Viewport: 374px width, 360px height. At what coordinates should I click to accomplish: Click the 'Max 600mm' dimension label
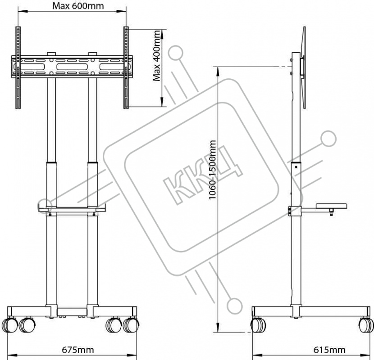(x=78, y=6)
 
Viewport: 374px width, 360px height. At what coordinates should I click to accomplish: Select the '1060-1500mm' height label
(x=212, y=170)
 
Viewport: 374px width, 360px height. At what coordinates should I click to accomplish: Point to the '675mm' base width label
(x=78, y=350)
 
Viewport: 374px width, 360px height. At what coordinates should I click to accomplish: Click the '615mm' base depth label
(x=329, y=350)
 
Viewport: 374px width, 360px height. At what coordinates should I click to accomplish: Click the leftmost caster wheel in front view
(x=9, y=325)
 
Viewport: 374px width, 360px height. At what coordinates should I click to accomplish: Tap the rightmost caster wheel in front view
(x=131, y=325)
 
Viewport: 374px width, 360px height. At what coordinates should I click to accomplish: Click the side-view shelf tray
(x=331, y=206)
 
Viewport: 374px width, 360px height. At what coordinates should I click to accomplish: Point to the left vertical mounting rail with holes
(x=18, y=67)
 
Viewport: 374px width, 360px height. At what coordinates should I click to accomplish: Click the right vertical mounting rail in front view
(x=126, y=67)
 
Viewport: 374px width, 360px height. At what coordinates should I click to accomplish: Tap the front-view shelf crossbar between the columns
(x=72, y=210)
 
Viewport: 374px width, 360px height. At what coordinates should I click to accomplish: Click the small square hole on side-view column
(x=296, y=167)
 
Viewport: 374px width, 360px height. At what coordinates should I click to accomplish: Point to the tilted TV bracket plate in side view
(x=304, y=67)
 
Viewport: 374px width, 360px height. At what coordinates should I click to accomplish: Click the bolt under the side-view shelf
(x=331, y=211)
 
